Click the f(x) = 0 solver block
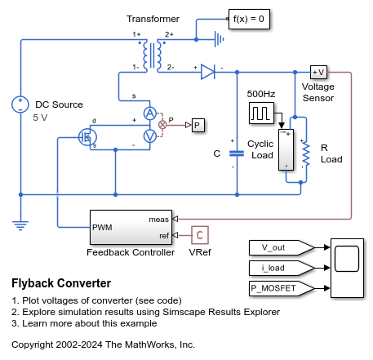point(249,19)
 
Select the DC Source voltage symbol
point(20,104)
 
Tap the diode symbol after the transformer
point(208,72)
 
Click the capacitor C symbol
point(237,153)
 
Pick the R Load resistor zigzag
point(306,153)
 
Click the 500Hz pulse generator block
point(261,113)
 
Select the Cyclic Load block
point(286,150)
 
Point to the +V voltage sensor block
point(318,72)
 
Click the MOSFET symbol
point(87,137)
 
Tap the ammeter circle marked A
point(150,113)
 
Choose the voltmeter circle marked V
point(150,136)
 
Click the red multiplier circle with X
point(162,125)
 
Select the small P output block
point(198,125)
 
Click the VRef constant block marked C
point(200,235)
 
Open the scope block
point(347,268)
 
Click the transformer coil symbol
point(153,56)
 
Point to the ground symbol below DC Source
point(20,226)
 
